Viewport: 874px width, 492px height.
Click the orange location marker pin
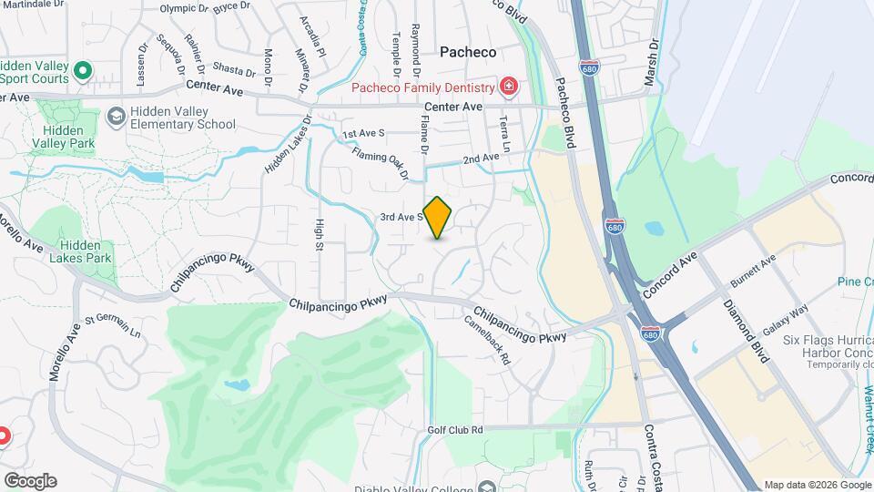click(x=438, y=217)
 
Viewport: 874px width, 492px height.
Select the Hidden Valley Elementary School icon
click(x=117, y=117)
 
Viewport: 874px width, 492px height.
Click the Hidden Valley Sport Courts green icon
click(x=83, y=69)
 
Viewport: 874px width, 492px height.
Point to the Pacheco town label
click(x=468, y=53)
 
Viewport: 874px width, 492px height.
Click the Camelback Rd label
click(x=487, y=339)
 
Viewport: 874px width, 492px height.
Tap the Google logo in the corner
click(x=30, y=481)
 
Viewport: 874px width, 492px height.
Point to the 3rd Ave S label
click(x=401, y=217)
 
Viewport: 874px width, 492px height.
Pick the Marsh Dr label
click(x=651, y=65)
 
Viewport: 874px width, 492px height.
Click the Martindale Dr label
click(x=36, y=5)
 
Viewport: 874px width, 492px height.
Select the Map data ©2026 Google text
click(x=818, y=485)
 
